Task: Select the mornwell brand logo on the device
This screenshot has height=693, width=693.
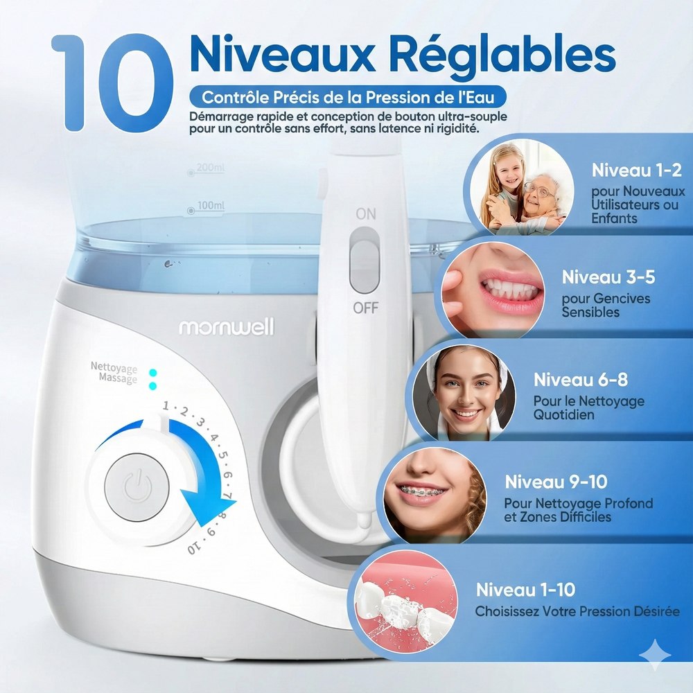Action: (x=227, y=327)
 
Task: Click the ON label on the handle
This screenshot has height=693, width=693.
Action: (x=366, y=213)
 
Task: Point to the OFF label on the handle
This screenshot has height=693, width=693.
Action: (x=365, y=307)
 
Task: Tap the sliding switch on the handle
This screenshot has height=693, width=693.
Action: (x=365, y=260)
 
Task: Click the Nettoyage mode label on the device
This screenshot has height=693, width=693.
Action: (x=114, y=367)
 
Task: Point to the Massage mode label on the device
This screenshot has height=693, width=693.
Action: (x=118, y=380)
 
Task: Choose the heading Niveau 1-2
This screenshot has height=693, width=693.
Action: (x=636, y=170)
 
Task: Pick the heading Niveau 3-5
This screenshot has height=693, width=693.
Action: (x=608, y=278)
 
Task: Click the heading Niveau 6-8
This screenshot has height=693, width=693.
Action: (x=580, y=380)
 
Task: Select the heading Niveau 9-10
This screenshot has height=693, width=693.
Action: (x=556, y=482)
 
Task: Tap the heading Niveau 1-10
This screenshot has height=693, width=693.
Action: (x=525, y=590)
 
